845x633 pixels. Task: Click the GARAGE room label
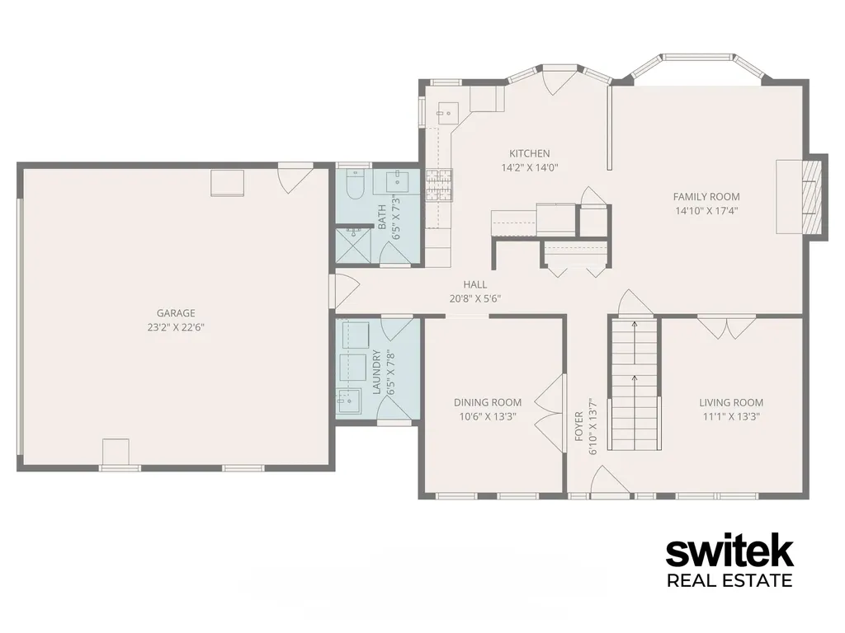(176, 312)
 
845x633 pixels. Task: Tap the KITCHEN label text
(530, 153)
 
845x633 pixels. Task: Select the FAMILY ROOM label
(706, 196)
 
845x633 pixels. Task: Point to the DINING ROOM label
(488, 402)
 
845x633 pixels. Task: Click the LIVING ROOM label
(731, 402)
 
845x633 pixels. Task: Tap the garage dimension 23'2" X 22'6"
(176, 326)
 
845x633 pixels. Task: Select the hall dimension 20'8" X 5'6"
(475, 298)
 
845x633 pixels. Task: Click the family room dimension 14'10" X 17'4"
(706, 210)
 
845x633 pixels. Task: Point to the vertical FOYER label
(579, 426)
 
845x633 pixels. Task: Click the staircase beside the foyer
(635, 384)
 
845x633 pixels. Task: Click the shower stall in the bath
(353, 245)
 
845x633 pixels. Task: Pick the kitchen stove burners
(439, 185)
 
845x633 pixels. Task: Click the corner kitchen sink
(446, 114)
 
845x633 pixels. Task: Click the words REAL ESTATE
(729, 581)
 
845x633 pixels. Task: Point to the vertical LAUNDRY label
(376, 372)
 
